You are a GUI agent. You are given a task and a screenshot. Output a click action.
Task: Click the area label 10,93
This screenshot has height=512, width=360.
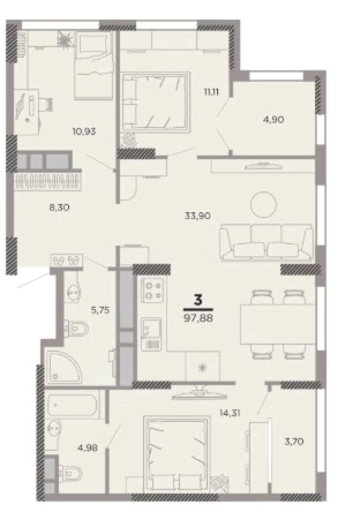[x=84, y=132]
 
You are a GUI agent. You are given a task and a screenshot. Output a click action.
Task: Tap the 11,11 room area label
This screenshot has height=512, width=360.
[x=212, y=92]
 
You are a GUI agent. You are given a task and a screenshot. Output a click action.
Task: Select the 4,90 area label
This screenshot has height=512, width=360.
[x=273, y=119]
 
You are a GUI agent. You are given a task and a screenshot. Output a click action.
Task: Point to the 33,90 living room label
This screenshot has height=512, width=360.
[x=197, y=216]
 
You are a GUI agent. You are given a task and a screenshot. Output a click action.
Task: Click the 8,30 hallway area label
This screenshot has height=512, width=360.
[x=59, y=207]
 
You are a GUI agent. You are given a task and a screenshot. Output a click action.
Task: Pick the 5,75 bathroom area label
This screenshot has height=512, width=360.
[x=100, y=310]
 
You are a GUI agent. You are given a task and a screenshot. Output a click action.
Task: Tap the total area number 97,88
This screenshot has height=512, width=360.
[x=198, y=318]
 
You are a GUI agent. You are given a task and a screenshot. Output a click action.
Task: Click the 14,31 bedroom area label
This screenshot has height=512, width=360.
[x=231, y=413]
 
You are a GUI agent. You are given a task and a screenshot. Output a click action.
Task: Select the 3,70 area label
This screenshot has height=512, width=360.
[x=294, y=442]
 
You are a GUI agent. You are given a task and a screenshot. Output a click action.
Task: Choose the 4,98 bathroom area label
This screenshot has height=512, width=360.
[x=87, y=448]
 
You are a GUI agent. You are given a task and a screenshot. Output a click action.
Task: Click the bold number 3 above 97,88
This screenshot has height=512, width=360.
[x=198, y=300]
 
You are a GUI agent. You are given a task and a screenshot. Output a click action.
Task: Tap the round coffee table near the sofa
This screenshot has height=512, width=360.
[x=263, y=205]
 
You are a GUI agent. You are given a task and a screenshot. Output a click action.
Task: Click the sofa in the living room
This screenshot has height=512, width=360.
[x=267, y=242]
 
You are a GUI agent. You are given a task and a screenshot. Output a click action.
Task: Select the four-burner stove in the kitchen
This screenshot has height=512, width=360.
[x=153, y=290]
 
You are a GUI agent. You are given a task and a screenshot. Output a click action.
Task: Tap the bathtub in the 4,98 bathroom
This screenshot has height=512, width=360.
[x=72, y=405]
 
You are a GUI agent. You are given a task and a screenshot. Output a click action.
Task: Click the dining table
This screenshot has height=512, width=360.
[x=278, y=324]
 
